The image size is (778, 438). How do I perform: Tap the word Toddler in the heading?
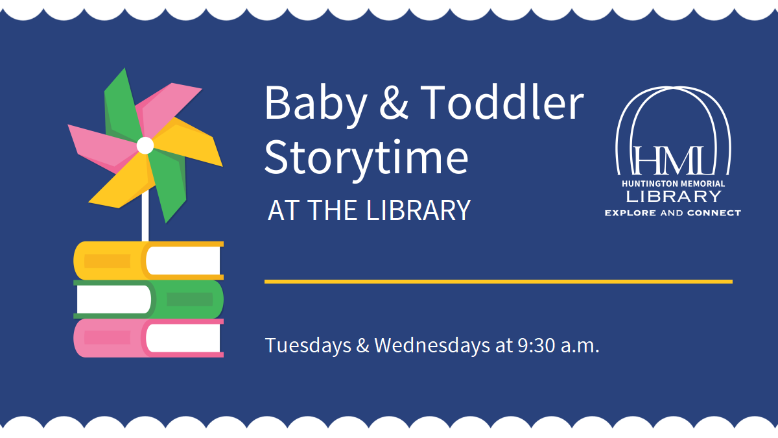(x=502, y=103)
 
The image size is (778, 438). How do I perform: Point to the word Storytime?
(x=366, y=158)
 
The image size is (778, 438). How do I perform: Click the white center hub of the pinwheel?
(x=145, y=145)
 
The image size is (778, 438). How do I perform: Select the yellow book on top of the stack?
(x=148, y=260)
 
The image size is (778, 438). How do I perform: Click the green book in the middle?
(x=148, y=299)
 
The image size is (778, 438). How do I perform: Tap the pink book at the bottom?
(x=148, y=338)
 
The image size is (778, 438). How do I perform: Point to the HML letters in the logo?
(x=672, y=162)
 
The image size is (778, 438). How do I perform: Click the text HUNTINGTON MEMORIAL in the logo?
(x=672, y=184)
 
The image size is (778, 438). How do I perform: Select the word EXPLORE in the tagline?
(x=630, y=213)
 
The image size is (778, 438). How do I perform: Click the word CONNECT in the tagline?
(x=715, y=213)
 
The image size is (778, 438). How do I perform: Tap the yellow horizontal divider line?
(x=498, y=282)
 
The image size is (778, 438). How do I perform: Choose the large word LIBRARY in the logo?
(x=672, y=197)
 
